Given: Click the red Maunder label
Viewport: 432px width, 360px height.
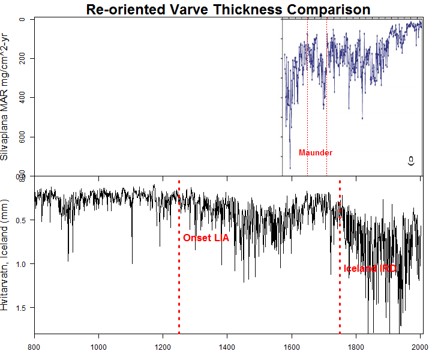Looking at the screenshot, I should pos(316,153).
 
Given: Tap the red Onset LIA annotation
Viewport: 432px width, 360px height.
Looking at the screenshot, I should pos(206,238).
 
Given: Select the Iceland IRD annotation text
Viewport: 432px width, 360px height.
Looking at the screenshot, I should pos(370,269).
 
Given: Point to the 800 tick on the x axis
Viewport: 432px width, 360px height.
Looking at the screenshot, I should pos(35,346).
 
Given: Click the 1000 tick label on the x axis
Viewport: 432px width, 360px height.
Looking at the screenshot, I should pos(99,346).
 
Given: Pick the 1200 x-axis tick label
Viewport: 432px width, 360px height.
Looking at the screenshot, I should pos(163,346).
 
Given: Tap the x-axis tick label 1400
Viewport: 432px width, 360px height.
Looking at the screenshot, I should pos(227,346).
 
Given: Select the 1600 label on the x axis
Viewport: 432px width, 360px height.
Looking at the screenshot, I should pos(292,346).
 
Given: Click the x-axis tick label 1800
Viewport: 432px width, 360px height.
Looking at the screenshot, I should pos(356,346).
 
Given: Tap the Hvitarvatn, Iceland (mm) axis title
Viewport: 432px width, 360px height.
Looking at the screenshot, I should pos(5,254).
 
